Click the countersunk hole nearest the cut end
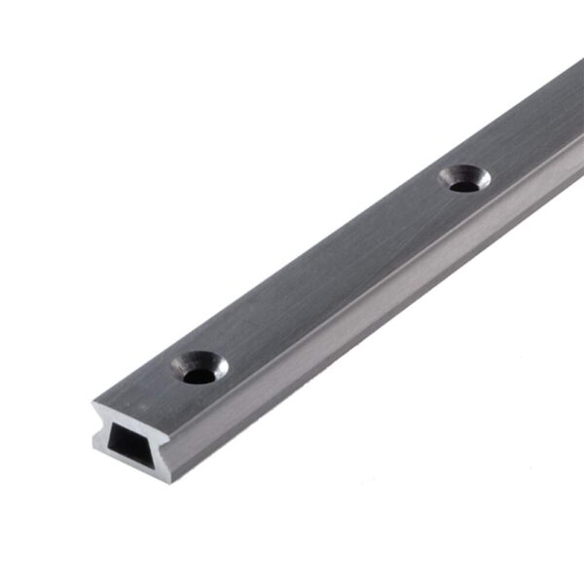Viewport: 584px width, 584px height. pyautogui.click(x=200, y=368)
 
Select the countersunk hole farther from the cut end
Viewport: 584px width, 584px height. pyautogui.click(x=464, y=178)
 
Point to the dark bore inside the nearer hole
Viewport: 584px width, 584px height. pyautogui.click(x=200, y=374)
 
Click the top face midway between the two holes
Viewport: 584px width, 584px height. pyautogui.click(x=331, y=273)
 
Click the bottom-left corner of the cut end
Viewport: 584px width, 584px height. pyautogui.click(x=95, y=451)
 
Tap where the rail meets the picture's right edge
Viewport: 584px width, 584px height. pyautogui.click(x=581, y=117)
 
